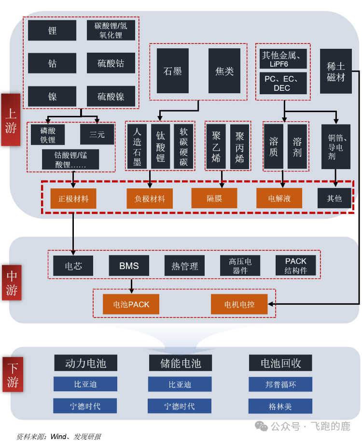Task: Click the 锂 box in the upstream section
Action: (x=52, y=30)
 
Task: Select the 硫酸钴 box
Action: (x=111, y=63)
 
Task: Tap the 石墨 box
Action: (x=172, y=71)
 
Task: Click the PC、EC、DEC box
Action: (x=282, y=83)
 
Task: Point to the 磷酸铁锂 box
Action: (x=47, y=135)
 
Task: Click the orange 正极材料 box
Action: (x=73, y=199)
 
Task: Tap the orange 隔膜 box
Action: (x=214, y=199)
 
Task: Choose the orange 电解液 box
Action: (x=279, y=199)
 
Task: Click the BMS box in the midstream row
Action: (x=129, y=266)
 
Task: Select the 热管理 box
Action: (x=184, y=266)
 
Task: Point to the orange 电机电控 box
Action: (x=239, y=304)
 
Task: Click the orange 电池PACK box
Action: (x=131, y=304)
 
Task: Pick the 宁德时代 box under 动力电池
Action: (x=85, y=406)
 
